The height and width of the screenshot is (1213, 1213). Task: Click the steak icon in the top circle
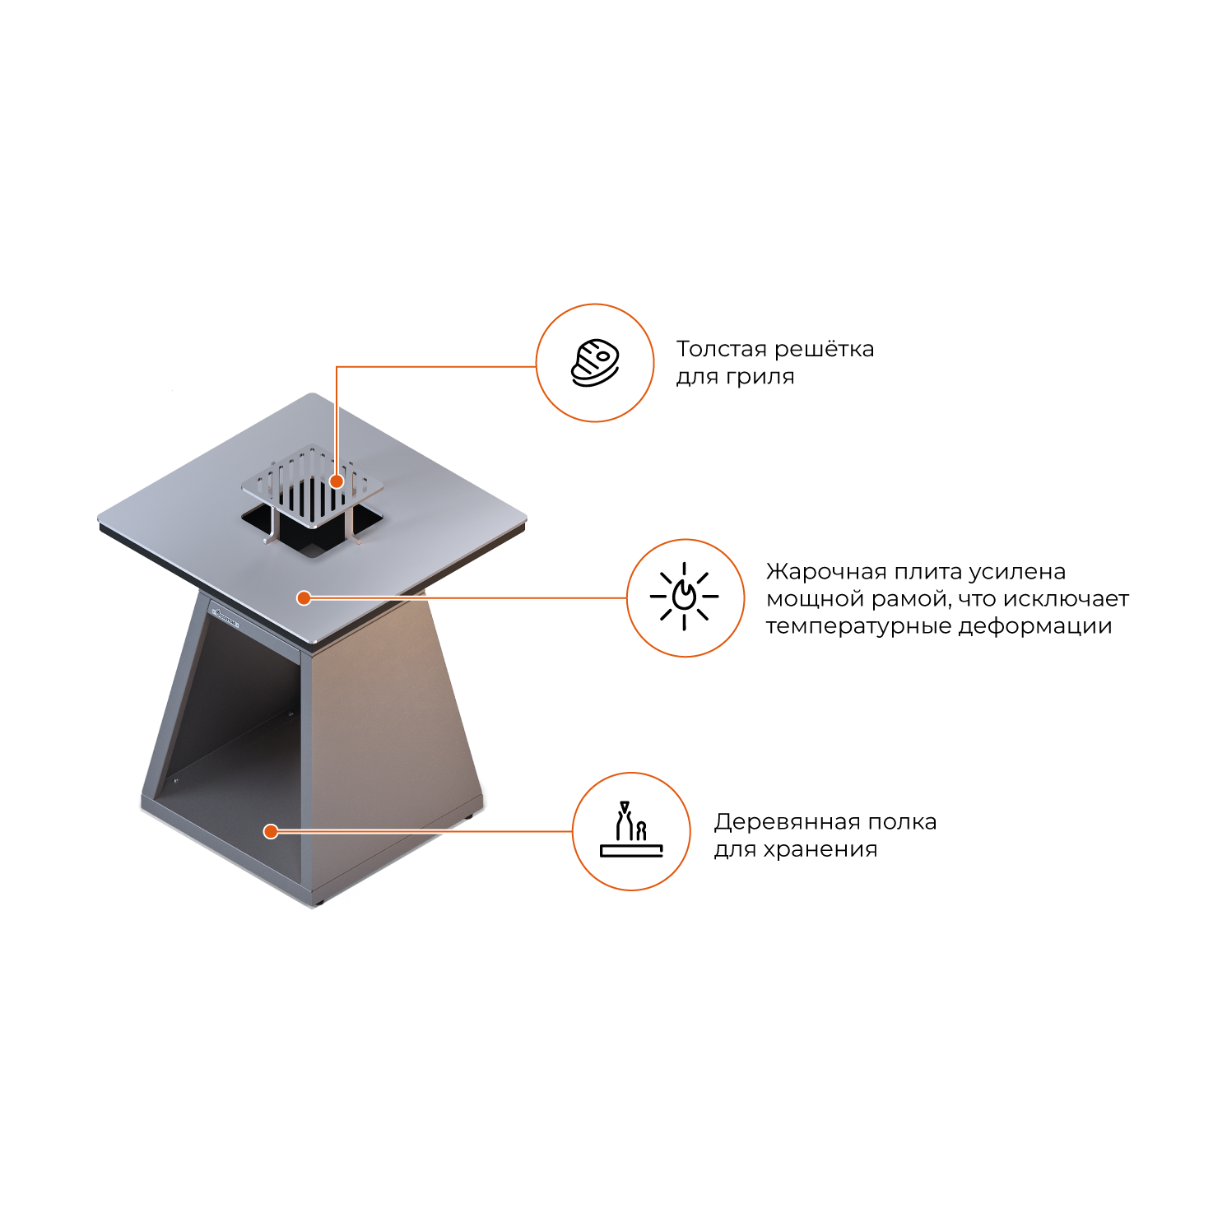(x=595, y=363)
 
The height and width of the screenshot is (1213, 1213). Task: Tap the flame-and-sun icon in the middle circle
(x=684, y=597)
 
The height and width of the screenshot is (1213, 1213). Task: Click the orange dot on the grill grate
(x=337, y=481)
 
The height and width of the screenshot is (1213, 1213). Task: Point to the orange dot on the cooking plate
(x=304, y=597)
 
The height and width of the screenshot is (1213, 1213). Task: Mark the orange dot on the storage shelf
(x=271, y=831)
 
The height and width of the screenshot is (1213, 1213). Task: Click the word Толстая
(x=719, y=349)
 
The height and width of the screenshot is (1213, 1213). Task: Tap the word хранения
(x=820, y=850)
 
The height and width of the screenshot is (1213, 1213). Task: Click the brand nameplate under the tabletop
(x=225, y=617)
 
